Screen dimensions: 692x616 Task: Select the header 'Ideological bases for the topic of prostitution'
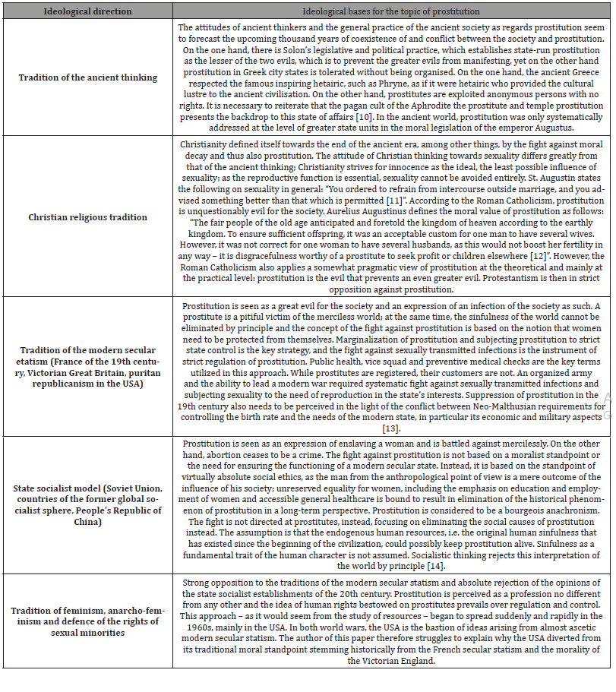391,11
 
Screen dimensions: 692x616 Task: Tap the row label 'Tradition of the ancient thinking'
89,77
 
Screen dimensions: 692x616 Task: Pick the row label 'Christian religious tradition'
89,216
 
